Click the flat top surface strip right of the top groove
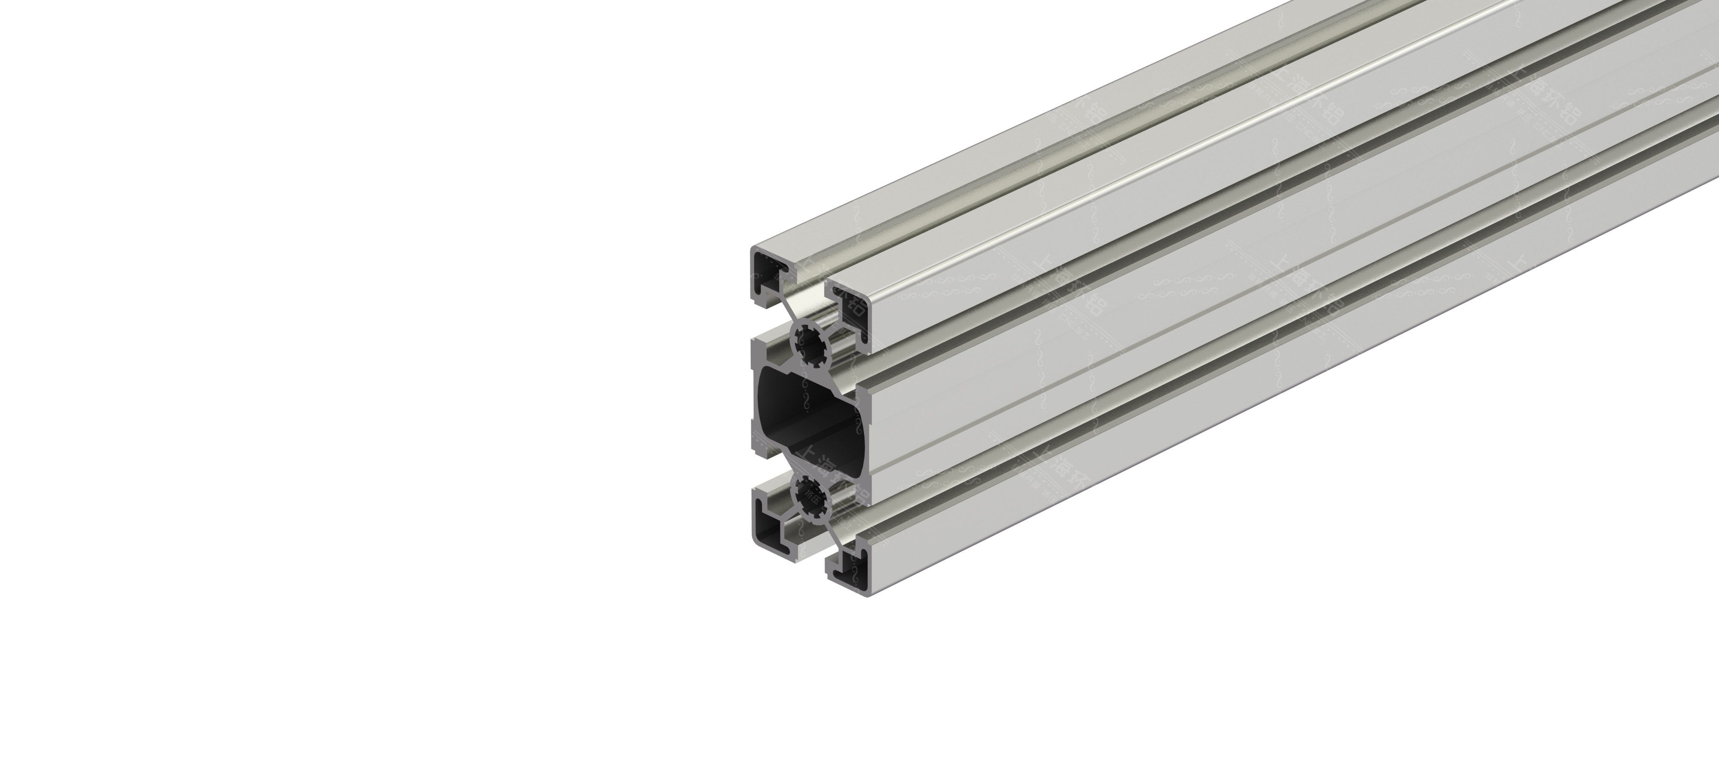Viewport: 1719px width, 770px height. [1135, 134]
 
